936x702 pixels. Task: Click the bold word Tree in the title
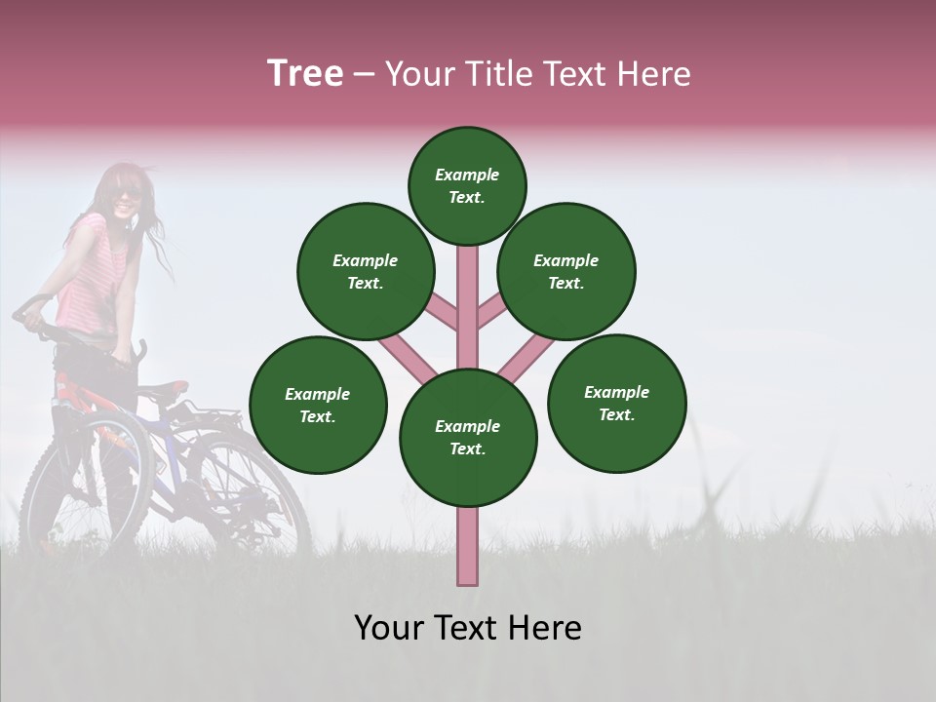click(x=305, y=74)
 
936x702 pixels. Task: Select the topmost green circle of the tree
click(x=467, y=185)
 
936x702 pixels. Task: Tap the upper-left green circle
click(x=366, y=271)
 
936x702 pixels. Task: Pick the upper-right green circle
click(x=566, y=271)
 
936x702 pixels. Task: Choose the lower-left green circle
click(x=318, y=405)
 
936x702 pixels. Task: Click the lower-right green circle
click(x=617, y=403)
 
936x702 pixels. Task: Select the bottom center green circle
click(x=468, y=437)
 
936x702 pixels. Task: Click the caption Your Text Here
click(x=468, y=628)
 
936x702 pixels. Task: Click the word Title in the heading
click(x=500, y=74)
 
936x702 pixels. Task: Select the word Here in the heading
click(x=655, y=74)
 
